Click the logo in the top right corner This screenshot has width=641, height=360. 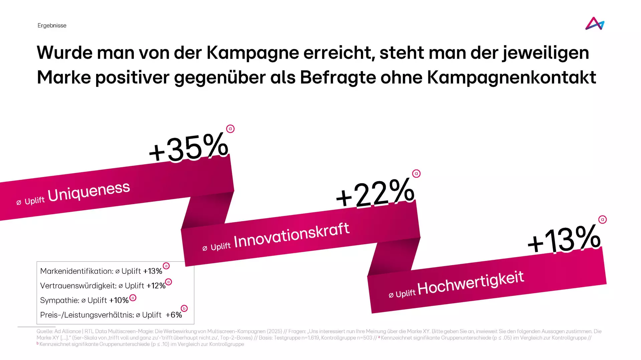595,24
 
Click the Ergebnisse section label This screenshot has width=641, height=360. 52,26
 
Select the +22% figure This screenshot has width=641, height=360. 375,193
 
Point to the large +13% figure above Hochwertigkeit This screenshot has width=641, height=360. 564,239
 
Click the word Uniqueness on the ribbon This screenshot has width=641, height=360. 88,192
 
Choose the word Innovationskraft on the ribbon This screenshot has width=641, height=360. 291,235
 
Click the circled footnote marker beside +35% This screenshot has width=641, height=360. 230,129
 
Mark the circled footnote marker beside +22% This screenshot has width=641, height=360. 416,174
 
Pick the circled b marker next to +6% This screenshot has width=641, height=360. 184,308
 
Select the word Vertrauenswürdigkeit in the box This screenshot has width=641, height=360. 78,286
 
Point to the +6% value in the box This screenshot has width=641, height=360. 174,315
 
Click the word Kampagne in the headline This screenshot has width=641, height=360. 252,53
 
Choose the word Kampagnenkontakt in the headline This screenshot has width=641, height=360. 511,77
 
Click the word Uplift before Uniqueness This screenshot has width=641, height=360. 34,201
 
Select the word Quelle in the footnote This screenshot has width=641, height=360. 44,331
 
